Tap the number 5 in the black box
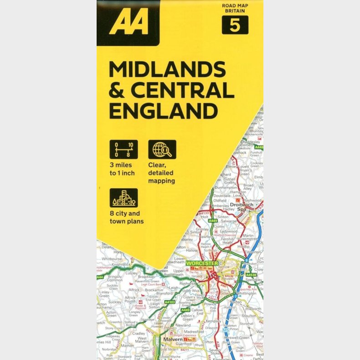pos(235,25)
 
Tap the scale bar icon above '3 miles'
pos(123,149)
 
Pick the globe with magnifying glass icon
pos(162,149)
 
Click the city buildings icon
pos(123,198)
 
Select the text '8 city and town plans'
pos(126,217)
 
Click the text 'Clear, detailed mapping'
pos(161,173)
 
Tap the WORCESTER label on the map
pos(202,263)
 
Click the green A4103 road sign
pos(170,302)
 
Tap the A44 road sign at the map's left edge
pos(100,277)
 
